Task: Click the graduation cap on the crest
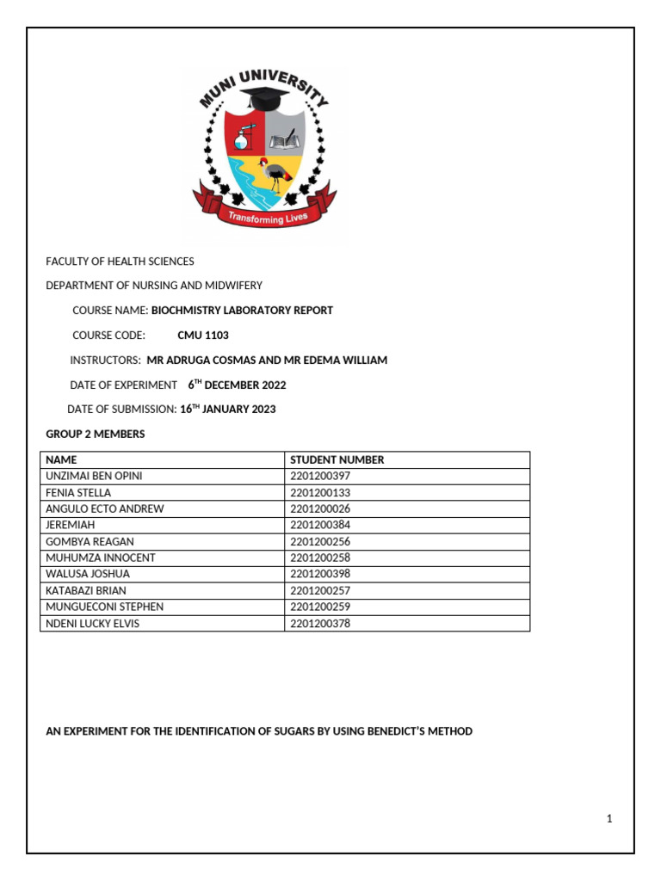click(264, 100)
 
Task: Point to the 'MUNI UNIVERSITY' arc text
click(263, 85)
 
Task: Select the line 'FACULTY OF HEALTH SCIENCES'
click(120, 262)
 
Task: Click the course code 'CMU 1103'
click(203, 336)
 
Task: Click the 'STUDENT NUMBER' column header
click(337, 459)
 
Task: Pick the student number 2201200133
click(320, 493)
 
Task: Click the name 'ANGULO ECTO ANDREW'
click(104, 509)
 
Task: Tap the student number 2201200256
click(320, 542)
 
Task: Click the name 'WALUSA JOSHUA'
click(85, 574)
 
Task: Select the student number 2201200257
click(320, 591)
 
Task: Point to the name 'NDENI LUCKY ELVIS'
click(92, 624)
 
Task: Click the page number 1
click(609, 819)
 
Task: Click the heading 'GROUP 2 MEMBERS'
click(95, 434)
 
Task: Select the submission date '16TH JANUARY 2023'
click(228, 410)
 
